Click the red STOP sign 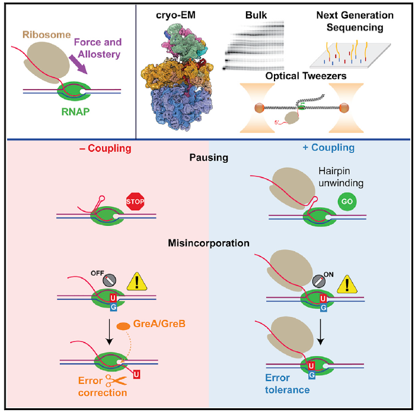click(x=135, y=201)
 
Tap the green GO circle click(x=347, y=201)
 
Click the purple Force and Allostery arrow click(x=78, y=65)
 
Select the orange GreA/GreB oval click(x=123, y=326)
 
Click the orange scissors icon click(x=116, y=380)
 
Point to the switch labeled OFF click(x=110, y=280)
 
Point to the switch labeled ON click(x=319, y=281)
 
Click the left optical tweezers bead click(x=260, y=108)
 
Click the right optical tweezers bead click(x=344, y=108)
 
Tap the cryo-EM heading click(x=175, y=15)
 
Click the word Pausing click(x=209, y=158)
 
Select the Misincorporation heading click(x=209, y=243)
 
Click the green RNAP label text click(x=75, y=111)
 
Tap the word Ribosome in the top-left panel click(x=47, y=34)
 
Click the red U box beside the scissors click(x=136, y=374)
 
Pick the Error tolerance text click(x=288, y=383)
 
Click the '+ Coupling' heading click(x=328, y=148)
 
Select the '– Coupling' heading click(x=105, y=148)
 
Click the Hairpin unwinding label click(x=341, y=177)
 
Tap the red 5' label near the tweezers click(x=277, y=123)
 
